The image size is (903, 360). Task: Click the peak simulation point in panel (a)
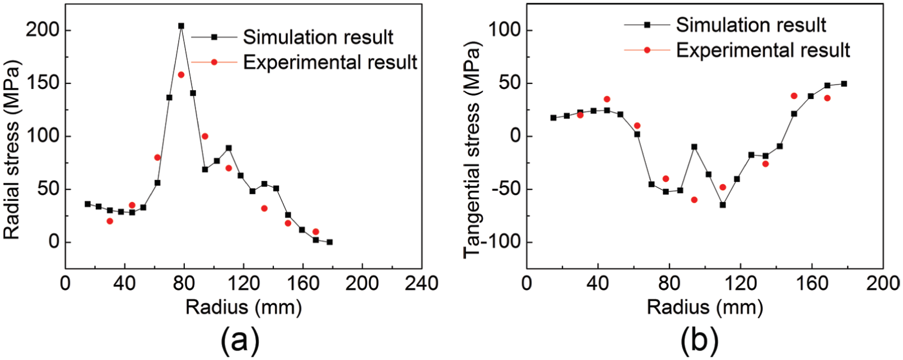coord(181,26)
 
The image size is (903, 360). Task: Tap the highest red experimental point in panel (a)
coord(181,74)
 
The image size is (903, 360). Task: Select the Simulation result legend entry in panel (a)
coord(292,37)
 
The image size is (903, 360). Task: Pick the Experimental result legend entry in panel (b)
coord(737,50)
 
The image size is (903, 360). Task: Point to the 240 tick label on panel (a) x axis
coord(422,283)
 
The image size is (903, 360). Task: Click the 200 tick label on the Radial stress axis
coord(43,30)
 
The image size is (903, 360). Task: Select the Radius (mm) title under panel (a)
coord(244,307)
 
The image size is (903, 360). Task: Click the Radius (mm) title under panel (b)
coord(705,307)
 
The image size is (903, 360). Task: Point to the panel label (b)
coord(700,341)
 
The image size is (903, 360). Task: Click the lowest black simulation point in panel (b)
coord(723,205)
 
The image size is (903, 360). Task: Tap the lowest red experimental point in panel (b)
coord(694,199)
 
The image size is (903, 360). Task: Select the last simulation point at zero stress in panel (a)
coord(330,242)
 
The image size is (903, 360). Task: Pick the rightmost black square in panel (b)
coord(844,84)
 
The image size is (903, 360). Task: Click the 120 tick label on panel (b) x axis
coord(741,283)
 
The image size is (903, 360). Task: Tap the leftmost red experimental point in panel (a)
coord(110,221)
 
